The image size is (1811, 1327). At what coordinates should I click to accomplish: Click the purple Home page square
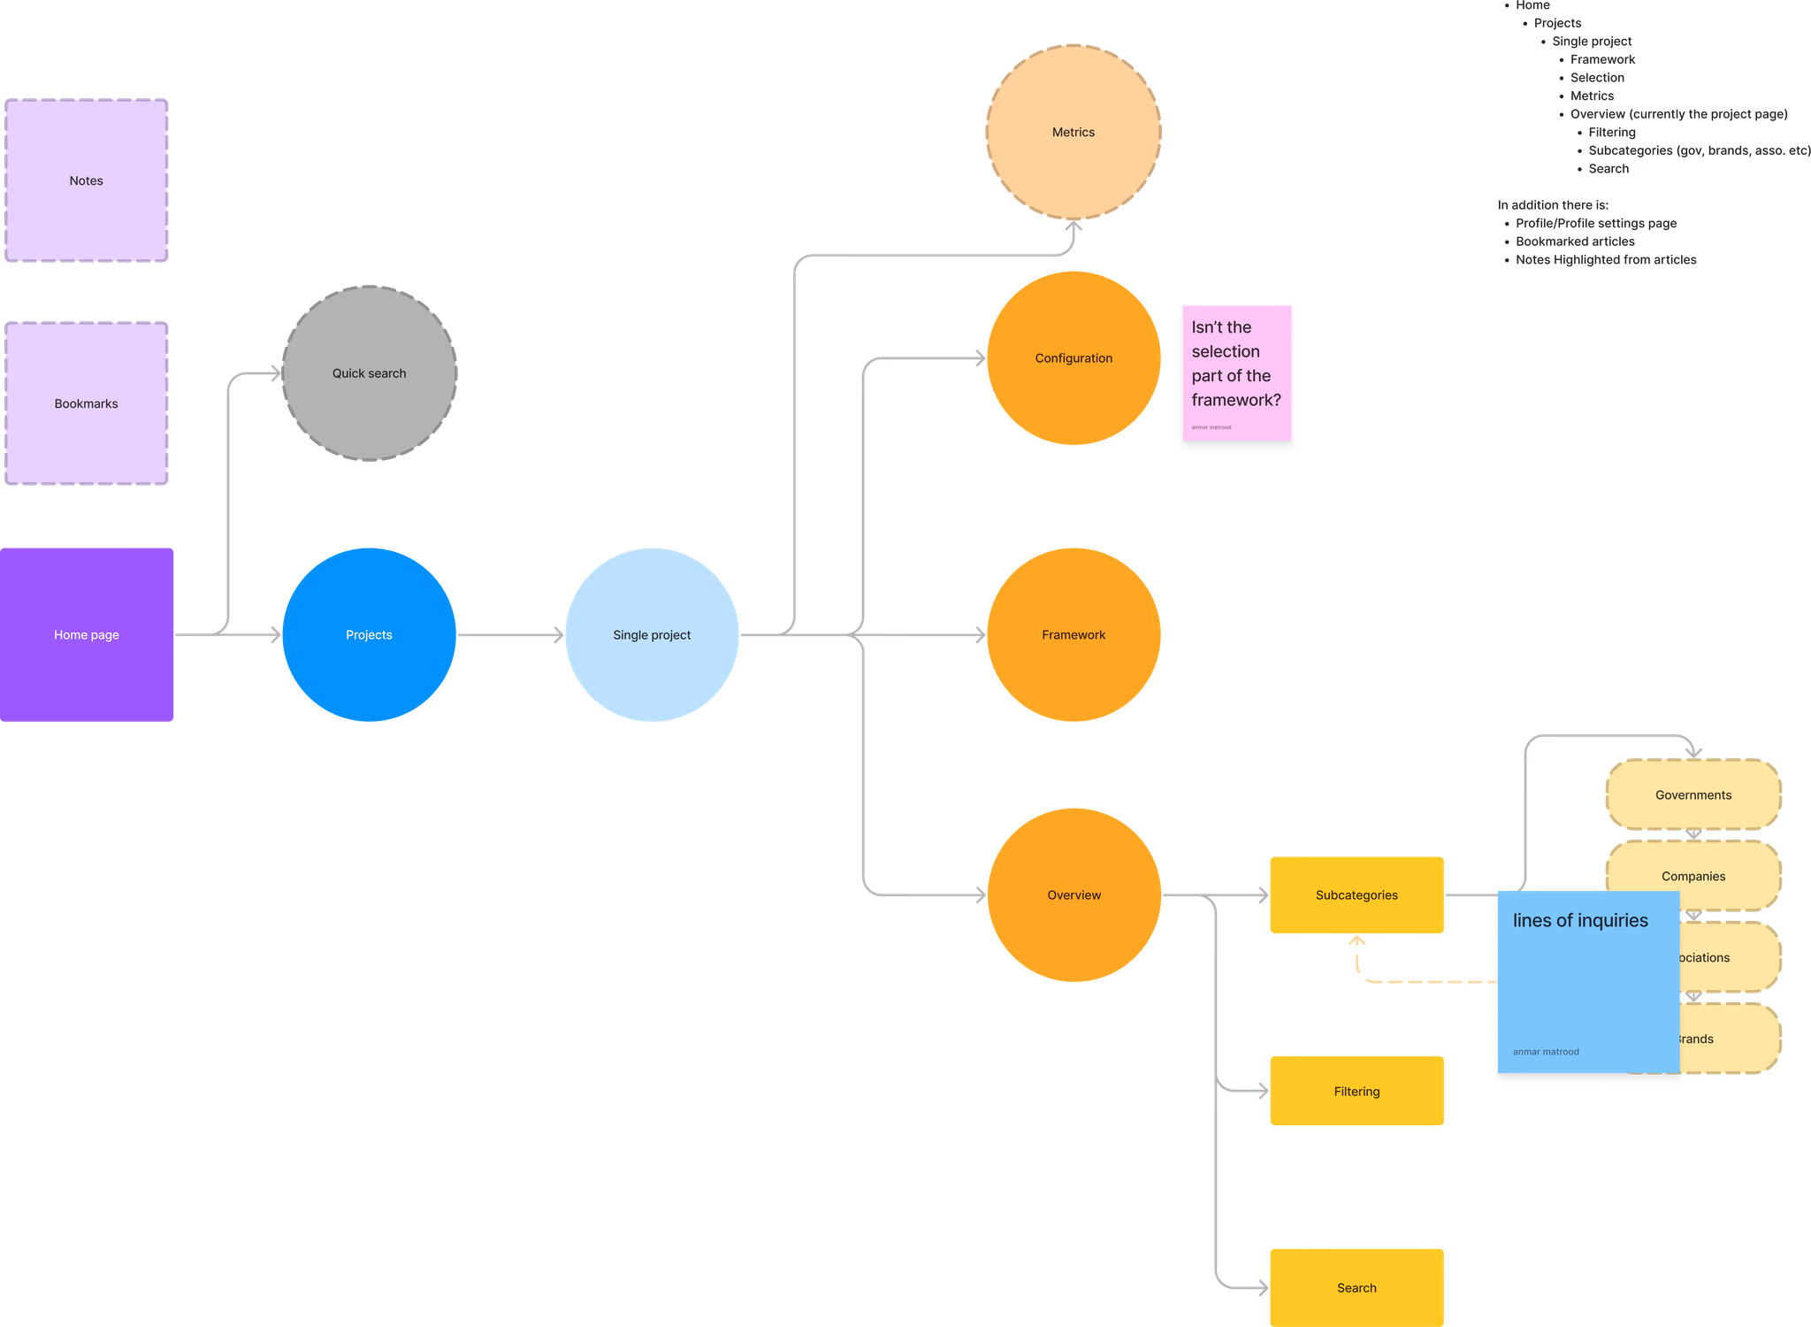coord(87,634)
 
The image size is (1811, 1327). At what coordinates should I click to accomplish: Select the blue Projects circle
coord(369,634)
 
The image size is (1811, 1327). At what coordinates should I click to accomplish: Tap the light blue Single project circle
coord(652,634)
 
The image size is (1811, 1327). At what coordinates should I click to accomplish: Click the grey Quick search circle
coord(369,372)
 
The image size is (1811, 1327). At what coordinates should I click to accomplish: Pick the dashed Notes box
coord(87,180)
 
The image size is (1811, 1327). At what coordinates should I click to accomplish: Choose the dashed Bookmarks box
coord(87,403)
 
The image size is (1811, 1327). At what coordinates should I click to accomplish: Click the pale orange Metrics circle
coord(1074,132)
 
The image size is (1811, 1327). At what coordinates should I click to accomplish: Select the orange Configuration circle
coord(1074,357)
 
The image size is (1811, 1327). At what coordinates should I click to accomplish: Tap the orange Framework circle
coord(1074,634)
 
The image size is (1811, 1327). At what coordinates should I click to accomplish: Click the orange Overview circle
coord(1074,894)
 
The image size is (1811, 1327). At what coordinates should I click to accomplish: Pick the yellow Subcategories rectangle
coord(1356,894)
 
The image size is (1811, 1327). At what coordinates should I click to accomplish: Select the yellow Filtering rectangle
coord(1356,1091)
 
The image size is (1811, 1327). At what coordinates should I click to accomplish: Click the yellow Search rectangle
coord(1356,1287)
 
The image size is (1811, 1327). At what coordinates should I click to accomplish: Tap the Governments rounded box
coord(1693,794)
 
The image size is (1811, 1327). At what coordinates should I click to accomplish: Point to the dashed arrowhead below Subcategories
coord(1357,942)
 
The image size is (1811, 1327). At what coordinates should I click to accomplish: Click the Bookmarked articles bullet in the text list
coord(1575,242)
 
